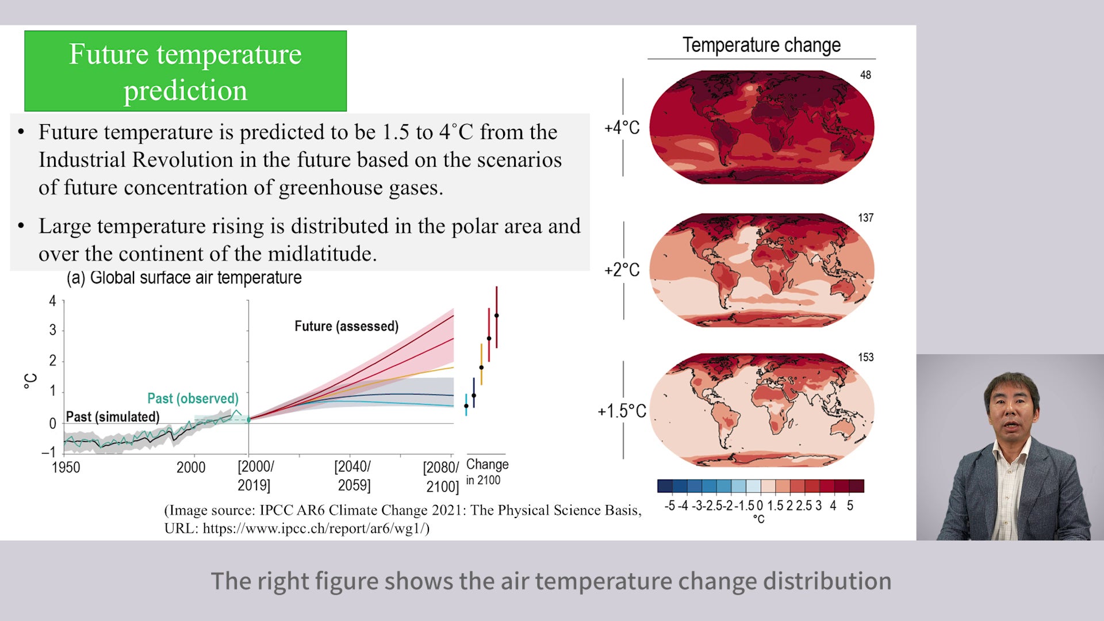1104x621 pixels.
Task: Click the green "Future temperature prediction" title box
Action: (x=185, y=71)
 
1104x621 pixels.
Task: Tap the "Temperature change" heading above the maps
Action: (x=761, y=45)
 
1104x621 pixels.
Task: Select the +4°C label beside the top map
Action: (x=622, y=127)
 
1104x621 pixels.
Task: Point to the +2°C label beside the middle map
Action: (x=622, y=270)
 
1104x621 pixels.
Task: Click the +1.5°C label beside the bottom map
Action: (x=622, y=411)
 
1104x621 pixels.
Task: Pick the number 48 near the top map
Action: (x=865, y=75)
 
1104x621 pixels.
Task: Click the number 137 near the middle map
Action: (x=865, y=218)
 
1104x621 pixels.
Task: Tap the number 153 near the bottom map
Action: (x=865, y=357)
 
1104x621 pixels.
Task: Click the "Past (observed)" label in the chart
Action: (x=193, y=398)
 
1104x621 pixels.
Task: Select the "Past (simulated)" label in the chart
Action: (x=113, y=417)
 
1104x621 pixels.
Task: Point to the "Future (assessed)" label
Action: (x=346, y=326)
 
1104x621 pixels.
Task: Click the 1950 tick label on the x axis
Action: (x=66, y=467)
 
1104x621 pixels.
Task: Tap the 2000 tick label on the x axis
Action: (x=191, y=467)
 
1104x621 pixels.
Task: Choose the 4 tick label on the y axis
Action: (x=53, y=301)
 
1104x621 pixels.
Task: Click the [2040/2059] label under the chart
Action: (x=353, y=476)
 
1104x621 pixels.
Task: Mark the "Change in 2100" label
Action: (x=487, y=472)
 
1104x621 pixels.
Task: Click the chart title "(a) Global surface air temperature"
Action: (x=184, y=278)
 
